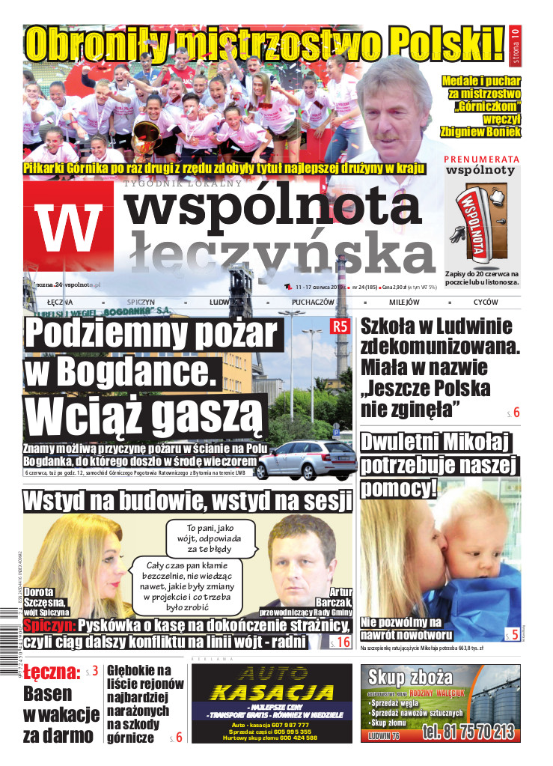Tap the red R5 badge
click(340, 326)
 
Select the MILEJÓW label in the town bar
click(404, 302)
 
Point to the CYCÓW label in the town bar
click(486, 302)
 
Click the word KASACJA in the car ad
click(271, 693)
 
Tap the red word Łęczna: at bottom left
click(51, 671)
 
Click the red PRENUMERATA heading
click(481, 159)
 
